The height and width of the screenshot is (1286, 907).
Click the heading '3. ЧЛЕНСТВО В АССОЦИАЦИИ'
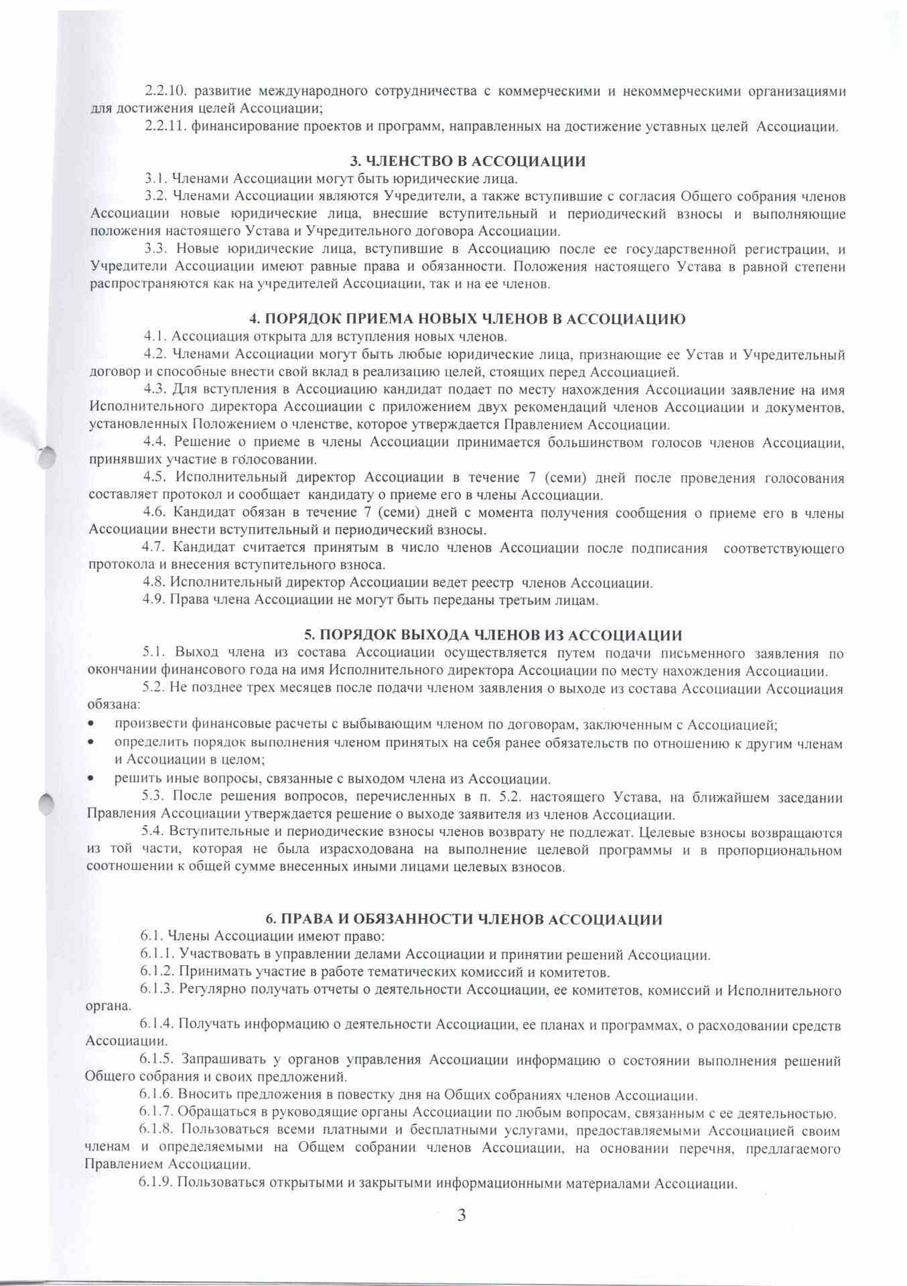point(468,161)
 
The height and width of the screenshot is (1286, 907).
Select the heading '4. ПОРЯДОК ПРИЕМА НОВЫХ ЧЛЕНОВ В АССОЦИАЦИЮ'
point(467,319)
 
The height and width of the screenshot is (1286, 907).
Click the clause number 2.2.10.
point(163,91)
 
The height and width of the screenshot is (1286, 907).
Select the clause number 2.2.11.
point(163,127)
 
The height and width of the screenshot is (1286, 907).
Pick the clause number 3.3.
point(156,250)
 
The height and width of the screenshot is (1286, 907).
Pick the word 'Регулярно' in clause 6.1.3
point(208,990)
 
